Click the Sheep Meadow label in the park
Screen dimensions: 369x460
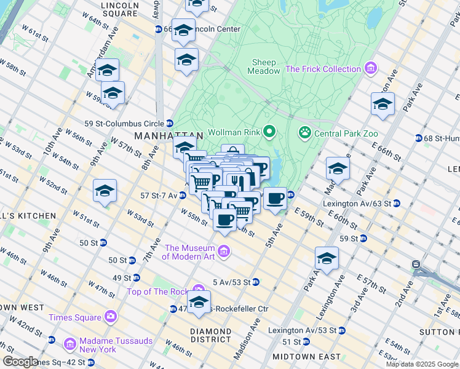[x=263, y=66]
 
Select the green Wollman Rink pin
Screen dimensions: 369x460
[x=269, y=131]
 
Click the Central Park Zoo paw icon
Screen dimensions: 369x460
[x=304, y=132]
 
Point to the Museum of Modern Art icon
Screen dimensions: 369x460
[x=224, y=250]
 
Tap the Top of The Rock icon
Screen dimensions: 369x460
[x=198, y=290]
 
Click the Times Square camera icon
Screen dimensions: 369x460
[x=110, y=317]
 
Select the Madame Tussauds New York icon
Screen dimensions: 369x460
[x=70, y=342]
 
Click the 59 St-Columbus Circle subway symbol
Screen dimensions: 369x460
[x=169, y=123]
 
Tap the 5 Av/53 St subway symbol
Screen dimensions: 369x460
[x=255, y=282]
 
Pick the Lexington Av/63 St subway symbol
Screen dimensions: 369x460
[x=397, y=203]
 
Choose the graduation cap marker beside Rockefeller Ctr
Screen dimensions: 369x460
[x=199, y=302]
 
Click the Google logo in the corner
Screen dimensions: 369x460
[x=20, y=361]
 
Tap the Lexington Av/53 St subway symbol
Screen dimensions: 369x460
[x=342, y=330]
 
